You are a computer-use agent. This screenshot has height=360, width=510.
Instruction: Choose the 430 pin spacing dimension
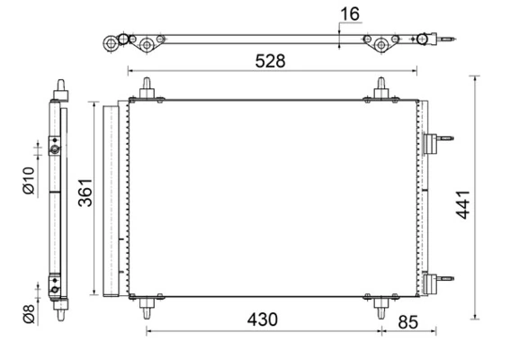coord(263,319)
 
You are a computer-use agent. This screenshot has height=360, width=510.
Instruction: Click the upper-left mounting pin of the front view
coord(145,88)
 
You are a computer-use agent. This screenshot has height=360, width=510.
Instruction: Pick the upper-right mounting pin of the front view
coord(381,88)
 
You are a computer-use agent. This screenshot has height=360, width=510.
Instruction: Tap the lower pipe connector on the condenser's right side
coord(435,280)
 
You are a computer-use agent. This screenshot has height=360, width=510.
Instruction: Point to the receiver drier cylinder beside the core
coord(112,199)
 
